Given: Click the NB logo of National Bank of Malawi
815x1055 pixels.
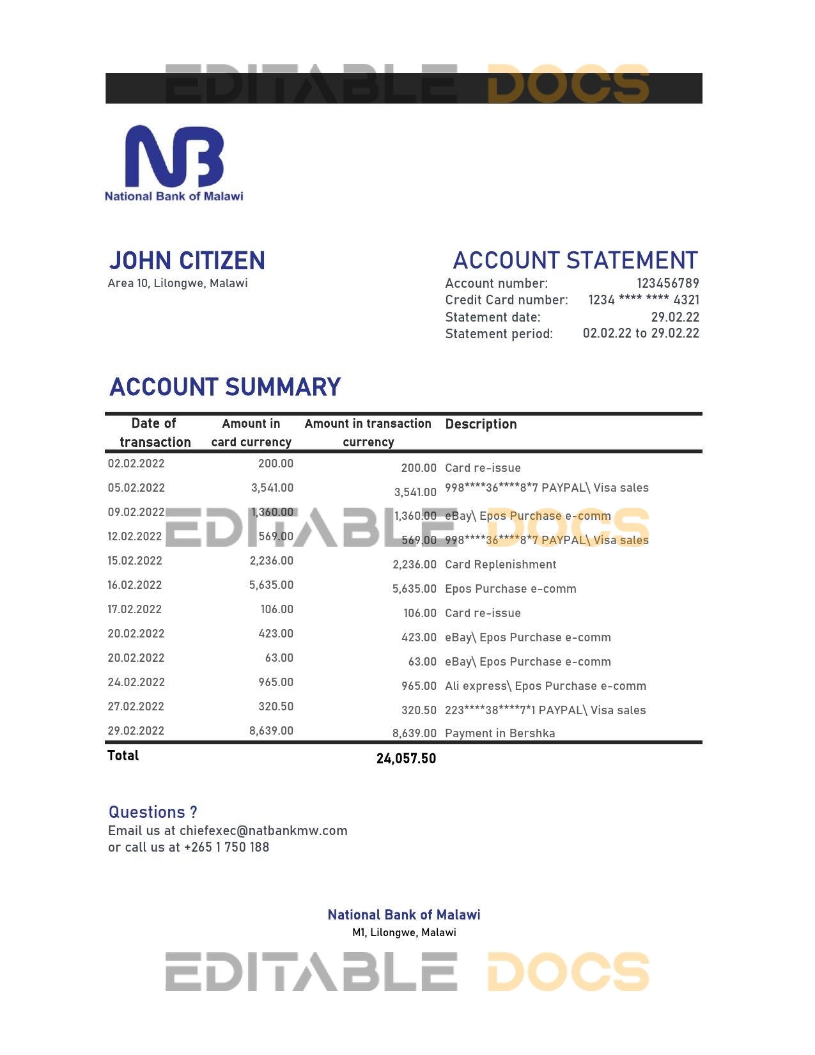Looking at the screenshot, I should [x=174, y=157].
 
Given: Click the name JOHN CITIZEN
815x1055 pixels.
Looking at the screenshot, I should [x=187, y=261].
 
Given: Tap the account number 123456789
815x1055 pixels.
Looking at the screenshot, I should [x=667, y=283].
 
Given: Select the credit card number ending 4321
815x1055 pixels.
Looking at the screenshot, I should [x=643, y=300].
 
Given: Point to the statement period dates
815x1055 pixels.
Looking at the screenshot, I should [x=640, y=333].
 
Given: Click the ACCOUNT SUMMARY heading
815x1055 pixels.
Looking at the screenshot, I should [x=225, y=387].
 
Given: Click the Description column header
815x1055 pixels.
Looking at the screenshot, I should [x=481, y=424].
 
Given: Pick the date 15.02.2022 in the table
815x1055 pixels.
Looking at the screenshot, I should [x=135, y=561].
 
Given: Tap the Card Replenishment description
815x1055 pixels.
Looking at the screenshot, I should [x=501, y=565].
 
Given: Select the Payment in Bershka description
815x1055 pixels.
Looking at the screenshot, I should [x=500, y=733].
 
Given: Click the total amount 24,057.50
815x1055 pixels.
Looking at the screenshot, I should [x=406, y=758].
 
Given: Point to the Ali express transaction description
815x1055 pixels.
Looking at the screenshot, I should [x=545, y=686].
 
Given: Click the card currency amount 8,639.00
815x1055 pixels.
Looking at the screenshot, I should [x=271, y=731].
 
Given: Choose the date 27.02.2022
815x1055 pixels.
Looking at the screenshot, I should [x=136, y=707].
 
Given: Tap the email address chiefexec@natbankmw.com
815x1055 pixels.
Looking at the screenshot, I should [x=263, y=831].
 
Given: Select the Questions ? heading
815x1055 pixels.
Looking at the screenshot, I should [x=153, y=812].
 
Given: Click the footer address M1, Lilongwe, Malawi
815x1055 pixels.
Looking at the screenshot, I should [x=404, y=932].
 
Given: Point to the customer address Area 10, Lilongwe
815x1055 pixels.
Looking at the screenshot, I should [x=178, y=283].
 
